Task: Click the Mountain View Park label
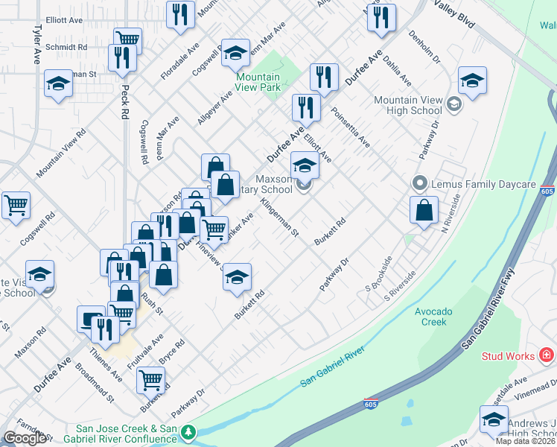(258, 82)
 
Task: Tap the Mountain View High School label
(408, 106)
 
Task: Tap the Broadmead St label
(99, 381)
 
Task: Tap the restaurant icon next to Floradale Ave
(180, 14)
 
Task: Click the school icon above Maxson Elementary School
(305, 165)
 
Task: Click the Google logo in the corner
(25, 438)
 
